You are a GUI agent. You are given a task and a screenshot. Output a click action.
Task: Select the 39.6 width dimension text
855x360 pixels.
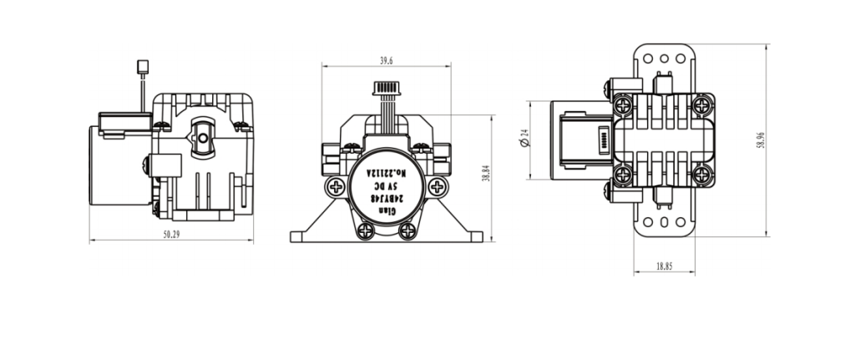point(386,61)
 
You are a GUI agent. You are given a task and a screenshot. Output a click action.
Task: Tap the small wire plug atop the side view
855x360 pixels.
point(141,66)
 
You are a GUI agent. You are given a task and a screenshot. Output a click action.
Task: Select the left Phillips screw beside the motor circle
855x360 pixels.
point(335,187)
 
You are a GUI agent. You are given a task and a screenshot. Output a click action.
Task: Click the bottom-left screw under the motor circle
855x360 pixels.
point(364,231)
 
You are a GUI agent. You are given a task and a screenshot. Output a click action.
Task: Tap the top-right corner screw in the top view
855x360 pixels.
point(702,105)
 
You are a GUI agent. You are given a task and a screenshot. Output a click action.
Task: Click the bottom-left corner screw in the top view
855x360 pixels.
point(623,175)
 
